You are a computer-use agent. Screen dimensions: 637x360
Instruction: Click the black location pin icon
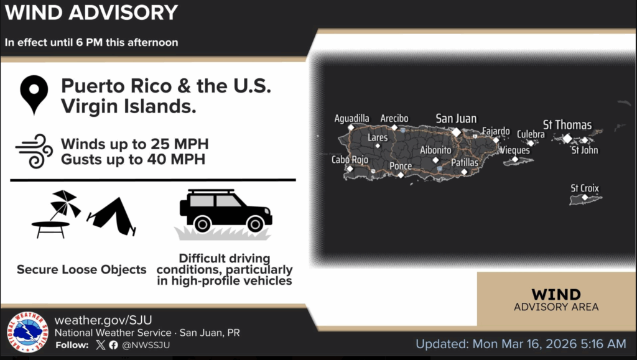34,93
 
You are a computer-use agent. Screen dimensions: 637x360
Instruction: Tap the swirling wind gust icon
34,151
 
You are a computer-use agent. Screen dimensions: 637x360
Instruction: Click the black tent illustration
112,216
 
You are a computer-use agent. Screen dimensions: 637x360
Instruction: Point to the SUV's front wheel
255,224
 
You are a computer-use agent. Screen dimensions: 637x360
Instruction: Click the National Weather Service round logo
27,332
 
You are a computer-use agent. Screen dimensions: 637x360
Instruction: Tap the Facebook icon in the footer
113,345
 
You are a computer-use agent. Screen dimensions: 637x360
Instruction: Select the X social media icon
100,345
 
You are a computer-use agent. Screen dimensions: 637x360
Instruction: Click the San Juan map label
456,119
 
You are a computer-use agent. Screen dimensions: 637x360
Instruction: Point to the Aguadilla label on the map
352,119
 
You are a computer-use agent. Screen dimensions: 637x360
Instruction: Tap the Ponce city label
401,165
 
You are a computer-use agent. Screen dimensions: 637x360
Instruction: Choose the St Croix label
585,188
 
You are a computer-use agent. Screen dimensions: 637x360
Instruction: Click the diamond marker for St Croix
585,198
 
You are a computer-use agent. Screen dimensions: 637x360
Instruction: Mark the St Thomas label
567,124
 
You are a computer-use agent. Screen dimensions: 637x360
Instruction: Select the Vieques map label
514,150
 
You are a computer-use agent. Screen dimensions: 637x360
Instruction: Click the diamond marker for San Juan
456,132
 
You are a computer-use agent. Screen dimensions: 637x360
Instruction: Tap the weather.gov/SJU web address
103,320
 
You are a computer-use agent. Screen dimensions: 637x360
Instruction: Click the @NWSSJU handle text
146,345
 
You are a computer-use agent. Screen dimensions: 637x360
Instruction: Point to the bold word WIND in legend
556,294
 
